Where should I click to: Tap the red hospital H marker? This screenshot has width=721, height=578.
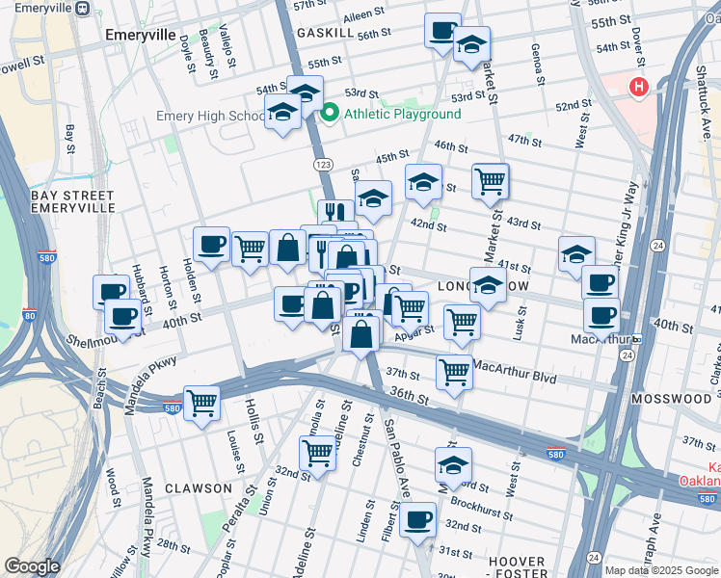tap(638, 88)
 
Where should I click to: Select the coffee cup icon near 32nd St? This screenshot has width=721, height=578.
tap(417, 520)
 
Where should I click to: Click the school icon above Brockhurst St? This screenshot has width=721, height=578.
tap(453, 464)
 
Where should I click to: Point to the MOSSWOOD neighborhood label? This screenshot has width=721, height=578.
tap(671, 398)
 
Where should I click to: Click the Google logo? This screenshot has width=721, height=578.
tap(32, 566)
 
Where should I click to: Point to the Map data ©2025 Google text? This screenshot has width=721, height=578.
tap(660, 570)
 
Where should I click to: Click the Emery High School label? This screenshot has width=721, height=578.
tap(211, 117)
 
